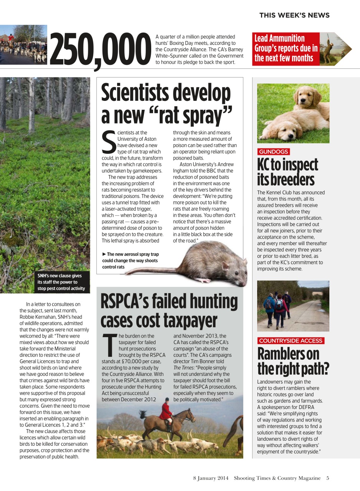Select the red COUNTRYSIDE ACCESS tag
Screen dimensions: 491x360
[291, 341]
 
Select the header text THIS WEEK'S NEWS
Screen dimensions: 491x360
[294, 15]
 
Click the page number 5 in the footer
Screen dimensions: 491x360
[328, 478]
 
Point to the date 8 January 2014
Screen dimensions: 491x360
[210, 478]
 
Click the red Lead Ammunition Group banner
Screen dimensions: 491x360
[286, 48]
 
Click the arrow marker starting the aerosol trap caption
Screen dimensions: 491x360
[104, 254]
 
